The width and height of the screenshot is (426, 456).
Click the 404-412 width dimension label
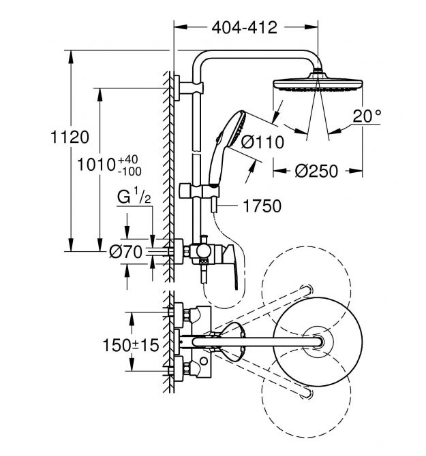click(244, 28)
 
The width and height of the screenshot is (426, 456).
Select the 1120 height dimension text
click(70, 137)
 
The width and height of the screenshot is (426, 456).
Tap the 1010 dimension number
click(97, 165)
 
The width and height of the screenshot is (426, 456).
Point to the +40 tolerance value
click(128, 159)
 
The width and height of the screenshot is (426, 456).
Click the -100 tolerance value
click(130, 172)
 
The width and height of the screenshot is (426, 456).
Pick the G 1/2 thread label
click(134, 196)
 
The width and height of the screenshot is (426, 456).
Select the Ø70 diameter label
click(126, 252)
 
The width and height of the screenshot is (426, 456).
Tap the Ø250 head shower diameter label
click(316, 171)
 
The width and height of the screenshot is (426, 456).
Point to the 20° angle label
click(367, 116)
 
